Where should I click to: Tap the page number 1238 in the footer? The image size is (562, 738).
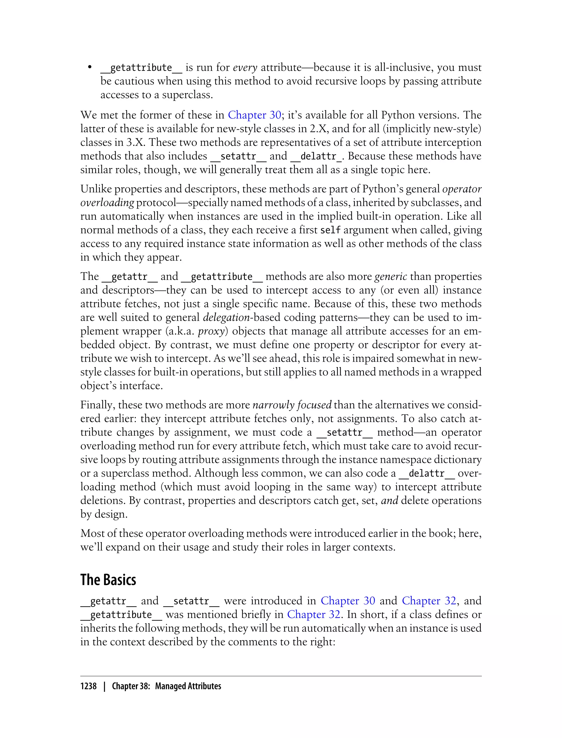[88, 686]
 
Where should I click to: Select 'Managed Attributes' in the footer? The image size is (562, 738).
[188, 686]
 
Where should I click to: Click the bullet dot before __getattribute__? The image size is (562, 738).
[90, 68]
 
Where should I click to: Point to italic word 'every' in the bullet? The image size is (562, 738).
[245, 68]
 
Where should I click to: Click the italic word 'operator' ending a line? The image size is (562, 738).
[462, 189]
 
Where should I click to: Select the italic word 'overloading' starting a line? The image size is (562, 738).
[107, 203]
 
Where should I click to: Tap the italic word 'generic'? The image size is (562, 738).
[390, 276]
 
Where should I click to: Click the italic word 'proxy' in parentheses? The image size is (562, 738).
[211, 331]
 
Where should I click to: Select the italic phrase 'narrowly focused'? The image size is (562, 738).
[292, 405]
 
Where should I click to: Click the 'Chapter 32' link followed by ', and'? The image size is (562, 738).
[429, 601]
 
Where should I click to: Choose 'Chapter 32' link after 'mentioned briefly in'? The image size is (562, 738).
[313, 614]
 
